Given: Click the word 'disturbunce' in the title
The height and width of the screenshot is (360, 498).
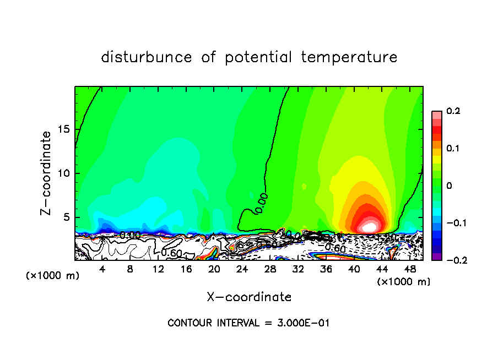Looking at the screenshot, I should coord(147,57).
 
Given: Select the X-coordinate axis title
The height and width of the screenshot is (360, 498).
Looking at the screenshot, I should coord(249,297).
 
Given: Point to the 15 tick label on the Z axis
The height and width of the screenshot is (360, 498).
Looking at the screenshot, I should coord(64,130).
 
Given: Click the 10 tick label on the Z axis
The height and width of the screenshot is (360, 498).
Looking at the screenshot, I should coord(64,173).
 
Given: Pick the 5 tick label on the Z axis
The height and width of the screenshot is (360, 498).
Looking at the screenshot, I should coord(67,217).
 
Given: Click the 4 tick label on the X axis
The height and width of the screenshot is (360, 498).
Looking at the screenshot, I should coord(102,269).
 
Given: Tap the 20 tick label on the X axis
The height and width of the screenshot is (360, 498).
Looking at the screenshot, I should coord(214,269).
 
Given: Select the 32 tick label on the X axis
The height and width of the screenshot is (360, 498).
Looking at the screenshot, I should coord(298,269).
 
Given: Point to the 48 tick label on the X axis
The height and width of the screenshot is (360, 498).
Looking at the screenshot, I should coord(410,269).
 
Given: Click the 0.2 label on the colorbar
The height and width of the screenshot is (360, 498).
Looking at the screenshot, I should coord(453,111).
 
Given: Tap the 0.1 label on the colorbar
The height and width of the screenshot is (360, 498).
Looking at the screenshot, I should coord(453,149).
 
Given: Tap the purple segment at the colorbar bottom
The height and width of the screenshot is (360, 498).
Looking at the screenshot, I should coord(436,257).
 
